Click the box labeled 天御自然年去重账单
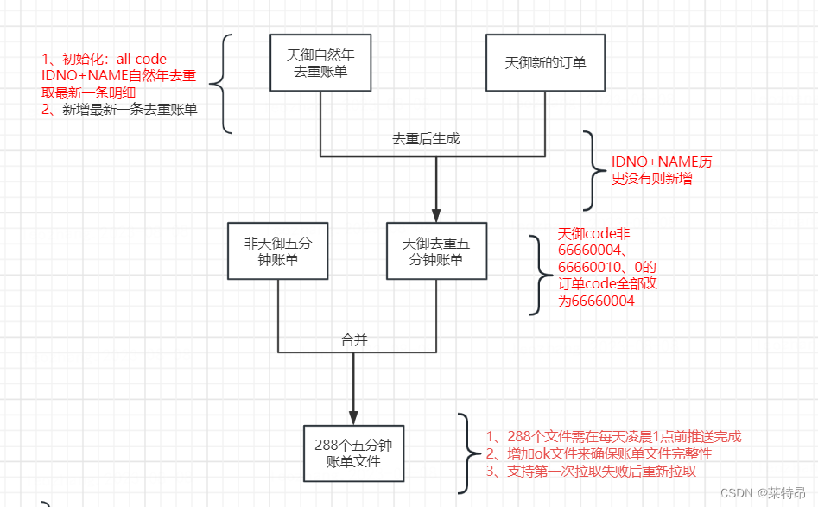[x=320, y=63]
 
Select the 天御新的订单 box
[x=544, y=63]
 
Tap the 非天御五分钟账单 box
[x=277, y=250]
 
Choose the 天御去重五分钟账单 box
[x=436, y=250]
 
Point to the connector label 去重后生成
[x=432, y=138]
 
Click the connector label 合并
[x=354, y=340]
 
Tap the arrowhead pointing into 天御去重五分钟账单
[x=436, y=215]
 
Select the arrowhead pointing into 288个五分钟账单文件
[x=353, y=417]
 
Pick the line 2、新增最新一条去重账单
[x=119, y=109]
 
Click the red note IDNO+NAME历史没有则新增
[x=662, y=170]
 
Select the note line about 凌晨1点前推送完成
[x=613, y=437]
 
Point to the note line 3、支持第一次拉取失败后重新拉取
[x=591, y=471]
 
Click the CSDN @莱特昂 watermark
[x=765, y=493]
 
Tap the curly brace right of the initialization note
[x=225, y=84]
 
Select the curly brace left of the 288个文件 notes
[x=466, y=453]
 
